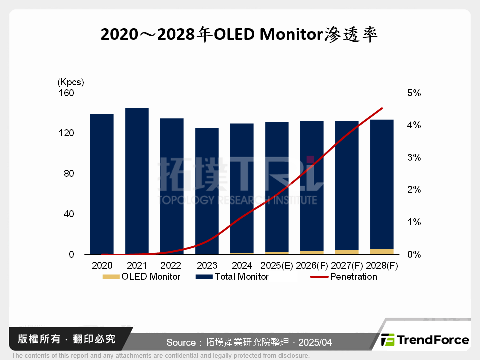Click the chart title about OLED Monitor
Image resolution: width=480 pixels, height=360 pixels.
click(239, 35)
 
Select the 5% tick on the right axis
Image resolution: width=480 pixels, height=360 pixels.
click(414, 93)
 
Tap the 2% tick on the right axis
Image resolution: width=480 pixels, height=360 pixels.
click(414, 190)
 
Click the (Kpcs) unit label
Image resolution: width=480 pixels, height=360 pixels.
click(71, 82)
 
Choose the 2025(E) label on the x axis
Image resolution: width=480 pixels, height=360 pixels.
click(276, 266)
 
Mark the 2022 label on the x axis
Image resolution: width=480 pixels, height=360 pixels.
click(172, 266)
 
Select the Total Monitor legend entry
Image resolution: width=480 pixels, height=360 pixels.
click(232, 277)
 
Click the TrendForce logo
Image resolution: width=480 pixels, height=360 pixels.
click(425, 340)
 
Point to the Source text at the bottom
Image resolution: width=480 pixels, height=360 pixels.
click(249, 342)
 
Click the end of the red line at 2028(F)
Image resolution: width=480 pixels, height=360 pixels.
click(382, 108)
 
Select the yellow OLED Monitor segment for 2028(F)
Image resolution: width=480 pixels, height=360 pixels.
click(382, 251)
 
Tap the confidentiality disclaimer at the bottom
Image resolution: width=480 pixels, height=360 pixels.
click(160, 356)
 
